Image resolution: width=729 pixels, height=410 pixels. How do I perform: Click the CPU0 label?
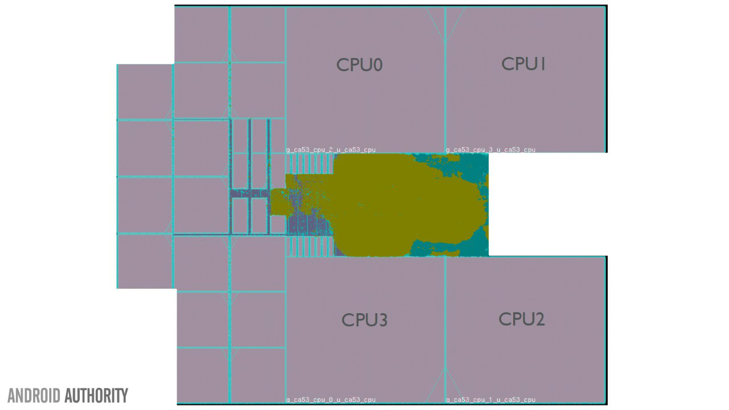(359, 65)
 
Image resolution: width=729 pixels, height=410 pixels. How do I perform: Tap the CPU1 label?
(523, 64)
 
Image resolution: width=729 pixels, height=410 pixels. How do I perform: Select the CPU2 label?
(522, 319)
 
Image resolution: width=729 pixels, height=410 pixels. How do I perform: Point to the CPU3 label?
(364, 320)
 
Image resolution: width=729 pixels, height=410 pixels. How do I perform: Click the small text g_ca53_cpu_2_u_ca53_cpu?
(331, 150)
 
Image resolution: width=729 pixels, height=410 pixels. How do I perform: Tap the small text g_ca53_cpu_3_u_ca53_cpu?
(490, 150)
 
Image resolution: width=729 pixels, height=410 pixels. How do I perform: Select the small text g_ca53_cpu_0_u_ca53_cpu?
(331, 400)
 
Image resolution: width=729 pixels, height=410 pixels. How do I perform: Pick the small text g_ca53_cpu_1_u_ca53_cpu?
(490, 400)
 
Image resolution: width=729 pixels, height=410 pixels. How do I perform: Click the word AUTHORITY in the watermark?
(96, 395)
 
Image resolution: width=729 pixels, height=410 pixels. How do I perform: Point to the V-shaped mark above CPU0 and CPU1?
(445, 26)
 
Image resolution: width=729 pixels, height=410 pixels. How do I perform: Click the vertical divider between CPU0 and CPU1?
(445, 91)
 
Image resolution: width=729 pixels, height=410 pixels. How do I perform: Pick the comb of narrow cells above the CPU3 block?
(311, 247)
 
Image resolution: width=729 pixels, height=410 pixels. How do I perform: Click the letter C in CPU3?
(347, 320)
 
